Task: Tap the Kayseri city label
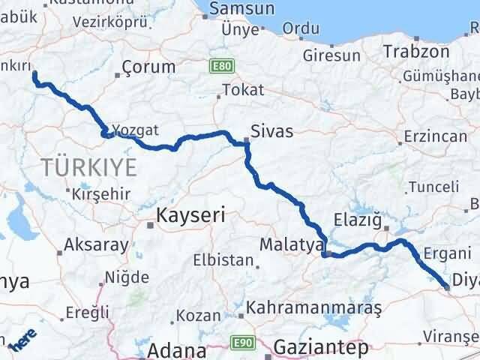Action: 190,217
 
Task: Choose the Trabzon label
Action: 416,52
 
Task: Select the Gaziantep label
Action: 322,348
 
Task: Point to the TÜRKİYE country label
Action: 88,166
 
